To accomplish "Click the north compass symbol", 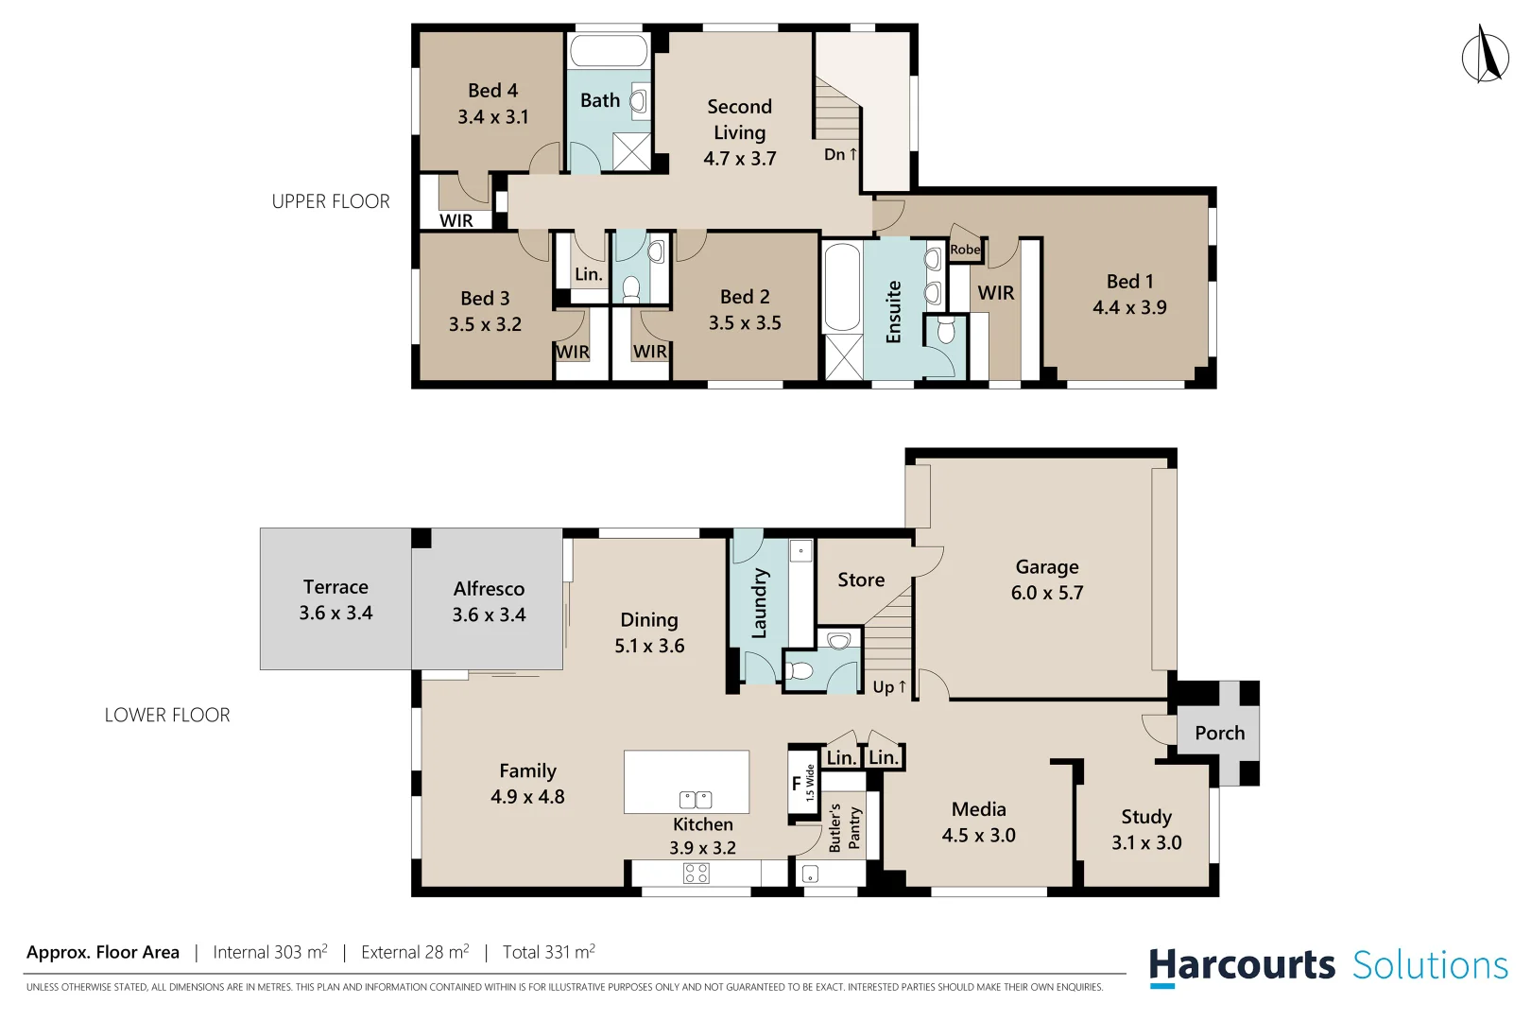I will tap(1485, 55).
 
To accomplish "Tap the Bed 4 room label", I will tap(492, 91).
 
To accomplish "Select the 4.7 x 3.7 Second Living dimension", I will tap(739, 159).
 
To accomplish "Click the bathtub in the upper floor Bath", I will tap(609, 50).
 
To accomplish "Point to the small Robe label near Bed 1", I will tap(965, 250).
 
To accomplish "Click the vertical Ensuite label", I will tap(893, 311).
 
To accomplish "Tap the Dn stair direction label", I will tap(840, 154).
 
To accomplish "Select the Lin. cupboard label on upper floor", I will tap(588, 274).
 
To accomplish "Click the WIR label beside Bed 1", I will tap(995, 293).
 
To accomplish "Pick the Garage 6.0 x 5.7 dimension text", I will tap(1046, 593).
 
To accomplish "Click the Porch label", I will tap(1219, 733).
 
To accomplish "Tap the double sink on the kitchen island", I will tap(696, 800).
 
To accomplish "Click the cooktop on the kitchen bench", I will tap(697, 873).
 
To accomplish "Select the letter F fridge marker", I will tap(796, 783).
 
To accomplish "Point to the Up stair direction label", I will tap(888, 687).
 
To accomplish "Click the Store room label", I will tap(860, 580).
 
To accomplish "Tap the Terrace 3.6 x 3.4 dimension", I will tap(335, 613).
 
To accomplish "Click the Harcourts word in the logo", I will tap(1241, 965).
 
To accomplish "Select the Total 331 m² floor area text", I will tap(548, 952).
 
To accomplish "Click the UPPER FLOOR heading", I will tap(330, 201).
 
